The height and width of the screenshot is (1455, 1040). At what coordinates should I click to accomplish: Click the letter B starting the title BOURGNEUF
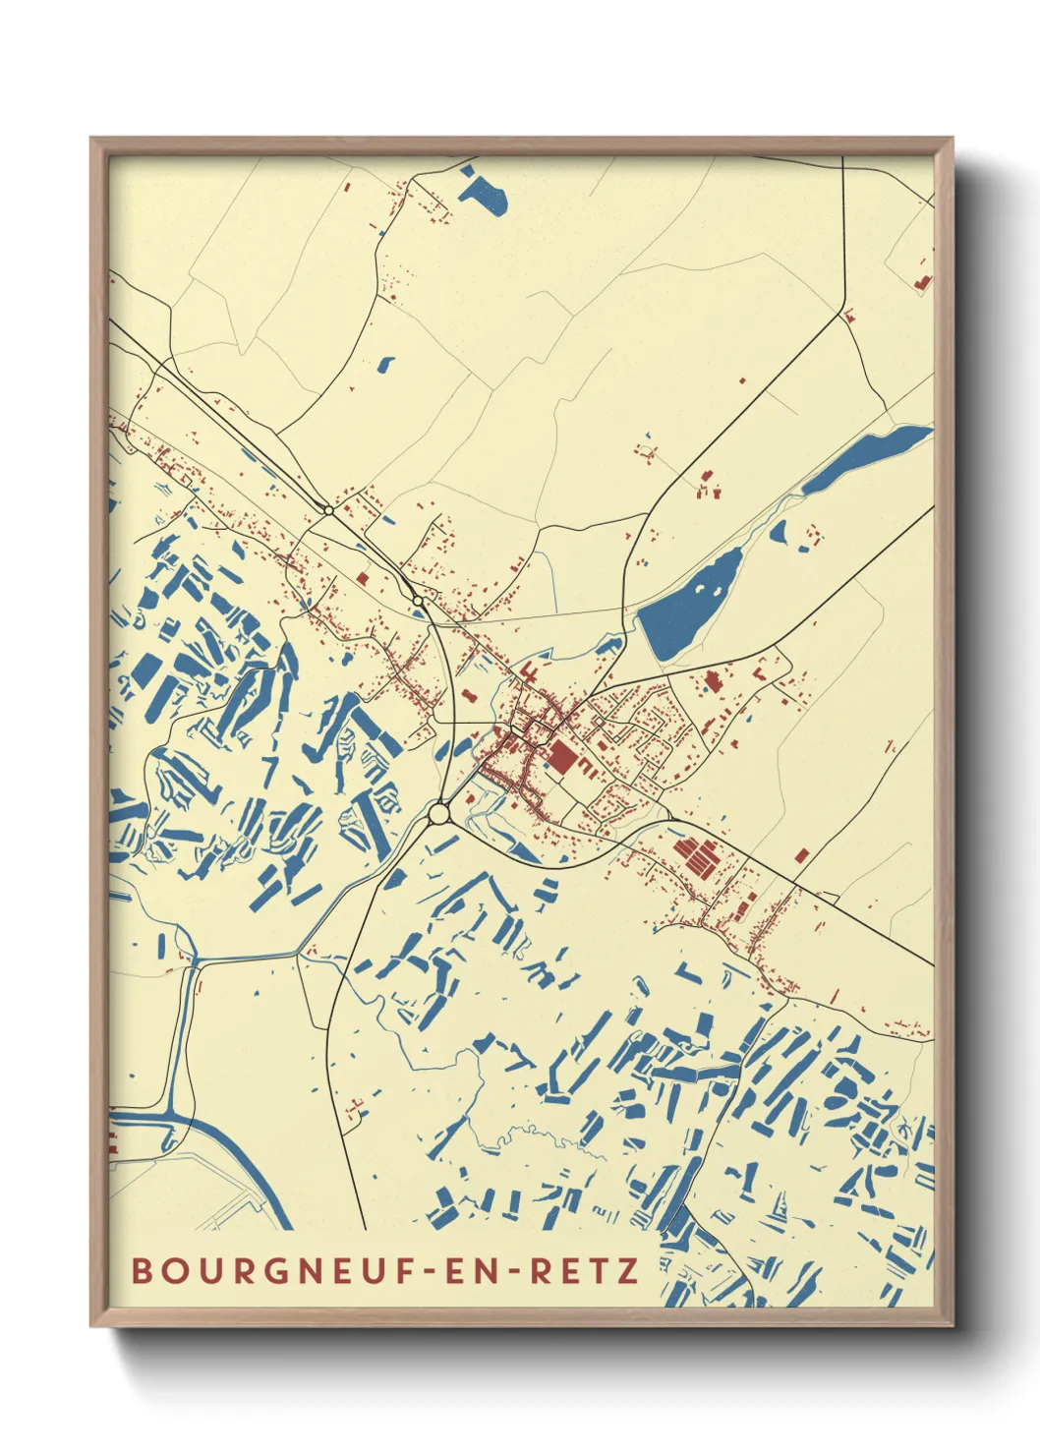(x=141, y=1271)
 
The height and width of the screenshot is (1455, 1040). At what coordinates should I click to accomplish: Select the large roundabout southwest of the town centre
(x=439, y=814)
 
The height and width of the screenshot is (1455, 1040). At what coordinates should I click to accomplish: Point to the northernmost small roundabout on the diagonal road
(x=328, y=510)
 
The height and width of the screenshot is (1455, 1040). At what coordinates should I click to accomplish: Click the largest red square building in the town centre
(x=561, y=758)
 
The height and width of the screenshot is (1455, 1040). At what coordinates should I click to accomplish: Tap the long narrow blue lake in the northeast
(x=865, y=458)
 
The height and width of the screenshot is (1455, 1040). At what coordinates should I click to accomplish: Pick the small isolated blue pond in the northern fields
(x=384, y=364)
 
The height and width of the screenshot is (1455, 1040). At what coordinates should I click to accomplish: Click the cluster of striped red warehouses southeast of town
(x=697, y=856)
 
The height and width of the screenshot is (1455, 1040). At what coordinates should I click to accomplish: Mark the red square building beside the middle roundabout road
(x=363, y=579)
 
